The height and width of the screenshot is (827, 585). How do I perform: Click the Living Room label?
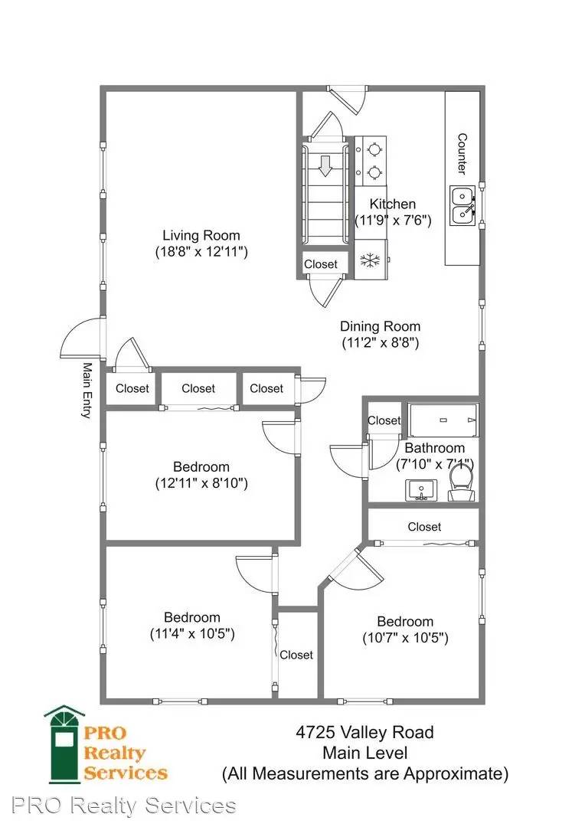coord(201,235)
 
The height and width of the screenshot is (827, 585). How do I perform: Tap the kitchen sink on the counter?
coord(462,205)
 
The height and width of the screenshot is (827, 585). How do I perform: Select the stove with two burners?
coord(371,161)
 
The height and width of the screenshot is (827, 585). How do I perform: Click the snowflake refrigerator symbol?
coord(371,260)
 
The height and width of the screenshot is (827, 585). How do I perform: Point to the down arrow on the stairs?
coord(325,165)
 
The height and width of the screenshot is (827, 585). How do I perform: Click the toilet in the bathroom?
coord(462,484)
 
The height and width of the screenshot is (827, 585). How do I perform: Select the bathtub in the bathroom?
coord(443,420)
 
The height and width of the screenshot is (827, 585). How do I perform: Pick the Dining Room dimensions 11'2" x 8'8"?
coord(381,343)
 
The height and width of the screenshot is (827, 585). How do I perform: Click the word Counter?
coord(462,154)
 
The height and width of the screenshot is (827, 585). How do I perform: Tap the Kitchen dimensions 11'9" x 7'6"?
coord(393,220)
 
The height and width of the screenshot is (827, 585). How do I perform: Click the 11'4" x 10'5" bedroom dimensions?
coord(192,633)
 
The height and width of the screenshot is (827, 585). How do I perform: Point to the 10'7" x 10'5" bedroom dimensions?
coord(405,638)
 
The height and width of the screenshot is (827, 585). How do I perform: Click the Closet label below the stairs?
coord(321,264)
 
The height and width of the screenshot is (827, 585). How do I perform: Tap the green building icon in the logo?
coord(64,744)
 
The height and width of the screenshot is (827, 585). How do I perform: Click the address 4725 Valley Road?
coord(365,732)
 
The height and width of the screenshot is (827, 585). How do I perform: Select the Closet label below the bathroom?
coord(425,526)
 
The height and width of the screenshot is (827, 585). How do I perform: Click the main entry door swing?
coord(80,338)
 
